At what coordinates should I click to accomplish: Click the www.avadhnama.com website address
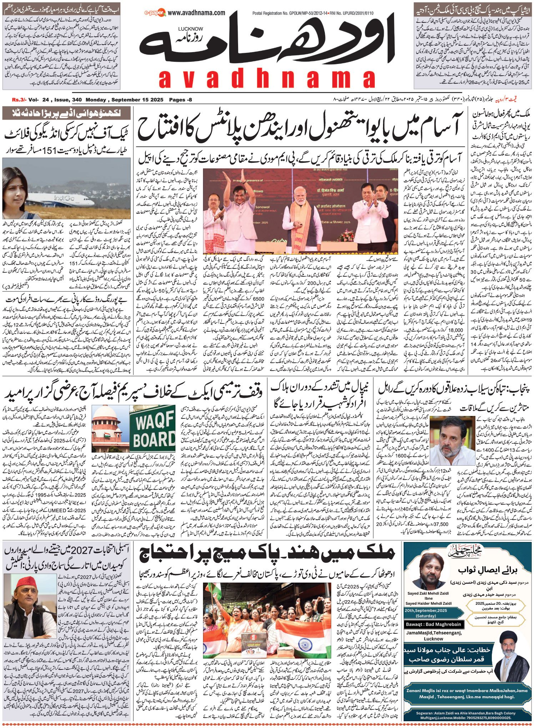pyautogui.click(x=196, y=13)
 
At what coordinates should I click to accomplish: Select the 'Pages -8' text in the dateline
pyautogui.click(x=180, y=100)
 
